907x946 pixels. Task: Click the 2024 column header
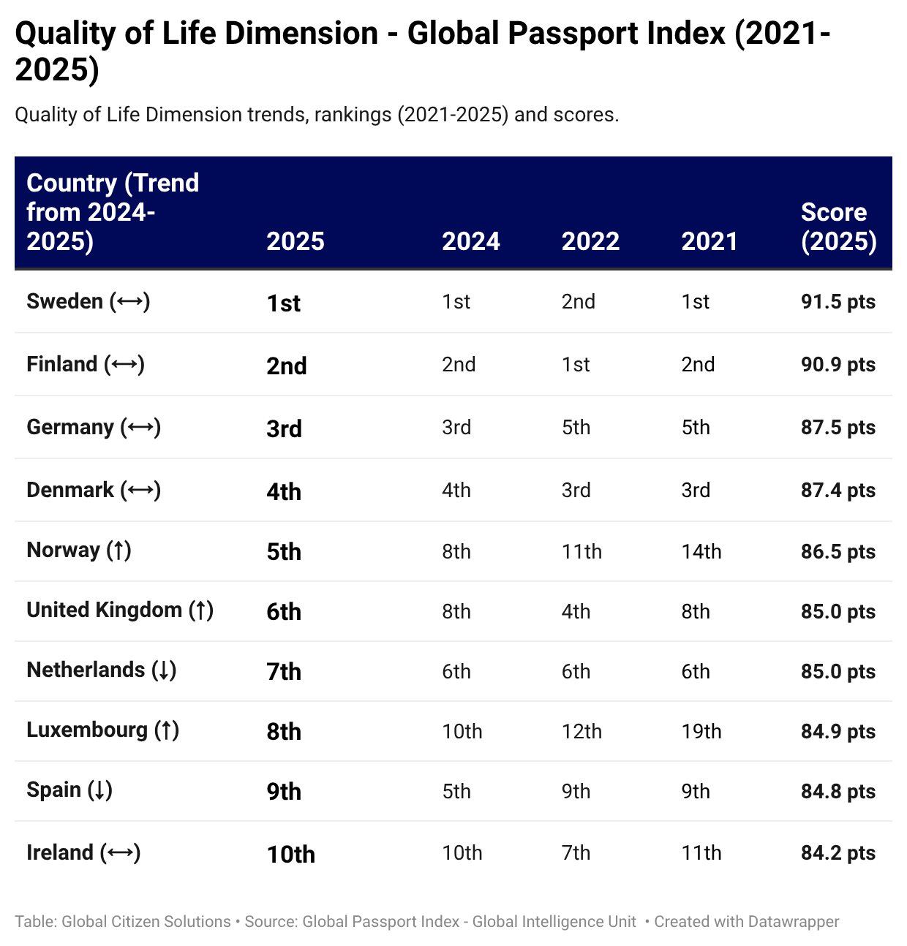(470, 241)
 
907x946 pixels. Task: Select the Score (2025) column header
(838, 227)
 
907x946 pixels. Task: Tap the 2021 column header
(710, 241)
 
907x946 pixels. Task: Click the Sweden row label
(64, 301)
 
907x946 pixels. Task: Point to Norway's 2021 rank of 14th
(701, 551)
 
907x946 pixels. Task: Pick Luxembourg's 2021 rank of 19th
(701, 731)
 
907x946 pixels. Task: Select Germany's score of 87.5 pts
(838, 427)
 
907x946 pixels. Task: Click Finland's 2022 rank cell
(576, 364)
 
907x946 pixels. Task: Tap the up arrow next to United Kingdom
(201, 610)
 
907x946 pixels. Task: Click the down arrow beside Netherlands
(164, 670)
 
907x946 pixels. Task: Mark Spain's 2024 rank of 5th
(456, 791)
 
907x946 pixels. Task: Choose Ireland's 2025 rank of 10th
(290, 854)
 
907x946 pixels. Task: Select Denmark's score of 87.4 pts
(838, 490)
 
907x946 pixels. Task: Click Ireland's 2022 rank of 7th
(576, 852)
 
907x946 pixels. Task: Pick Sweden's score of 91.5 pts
(838, 301)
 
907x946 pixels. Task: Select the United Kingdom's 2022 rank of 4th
(576, 611)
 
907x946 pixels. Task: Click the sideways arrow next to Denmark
(140, 490)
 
